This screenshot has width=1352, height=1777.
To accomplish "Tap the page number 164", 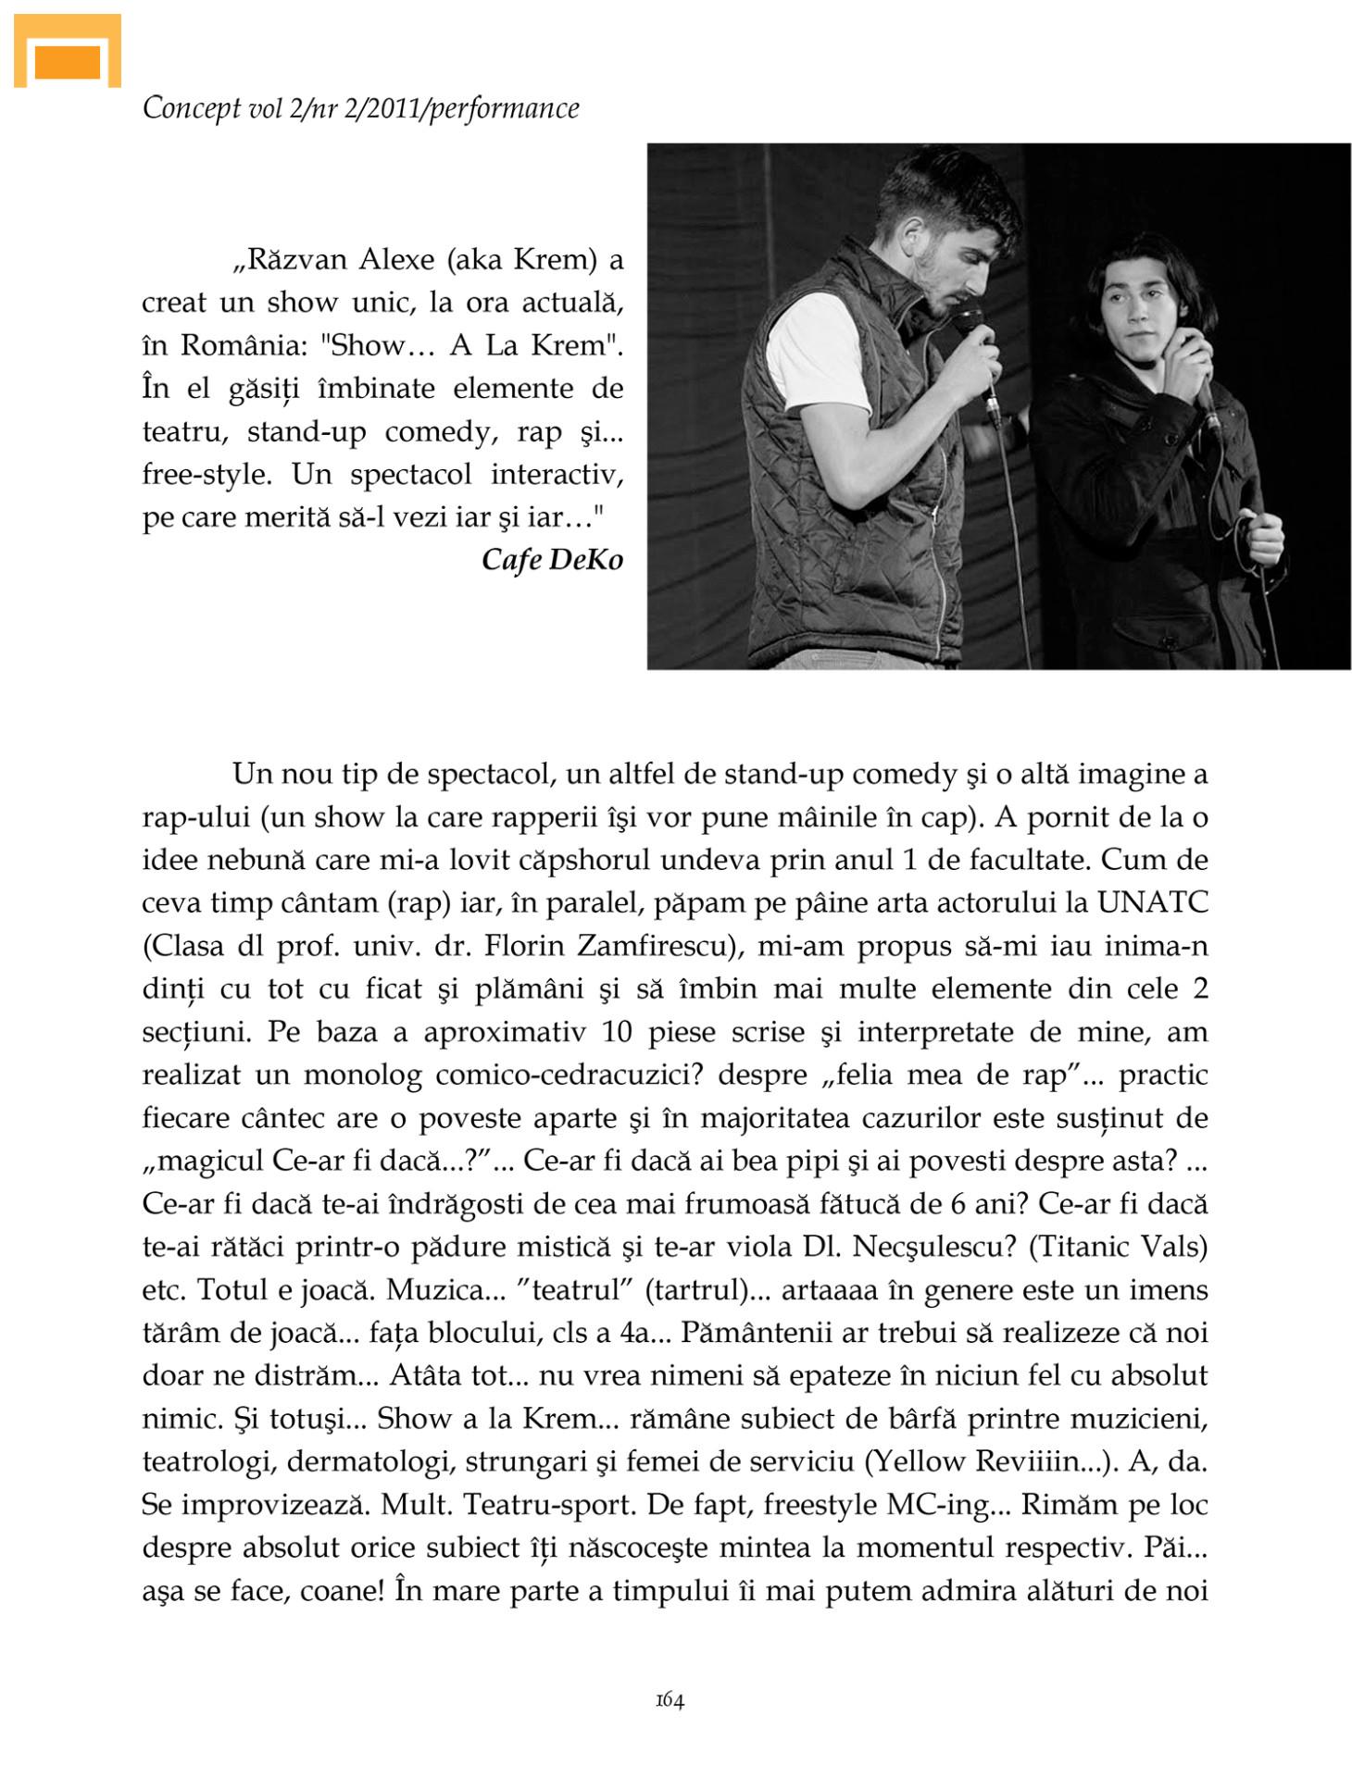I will click(670, 1700).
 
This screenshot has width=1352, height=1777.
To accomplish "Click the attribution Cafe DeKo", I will click(552, 560).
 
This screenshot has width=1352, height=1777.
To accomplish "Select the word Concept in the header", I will click(191, 109).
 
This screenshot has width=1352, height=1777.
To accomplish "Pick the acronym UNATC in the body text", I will click(1152, 902).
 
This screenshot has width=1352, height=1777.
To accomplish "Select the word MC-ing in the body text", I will click(937, 1504).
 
